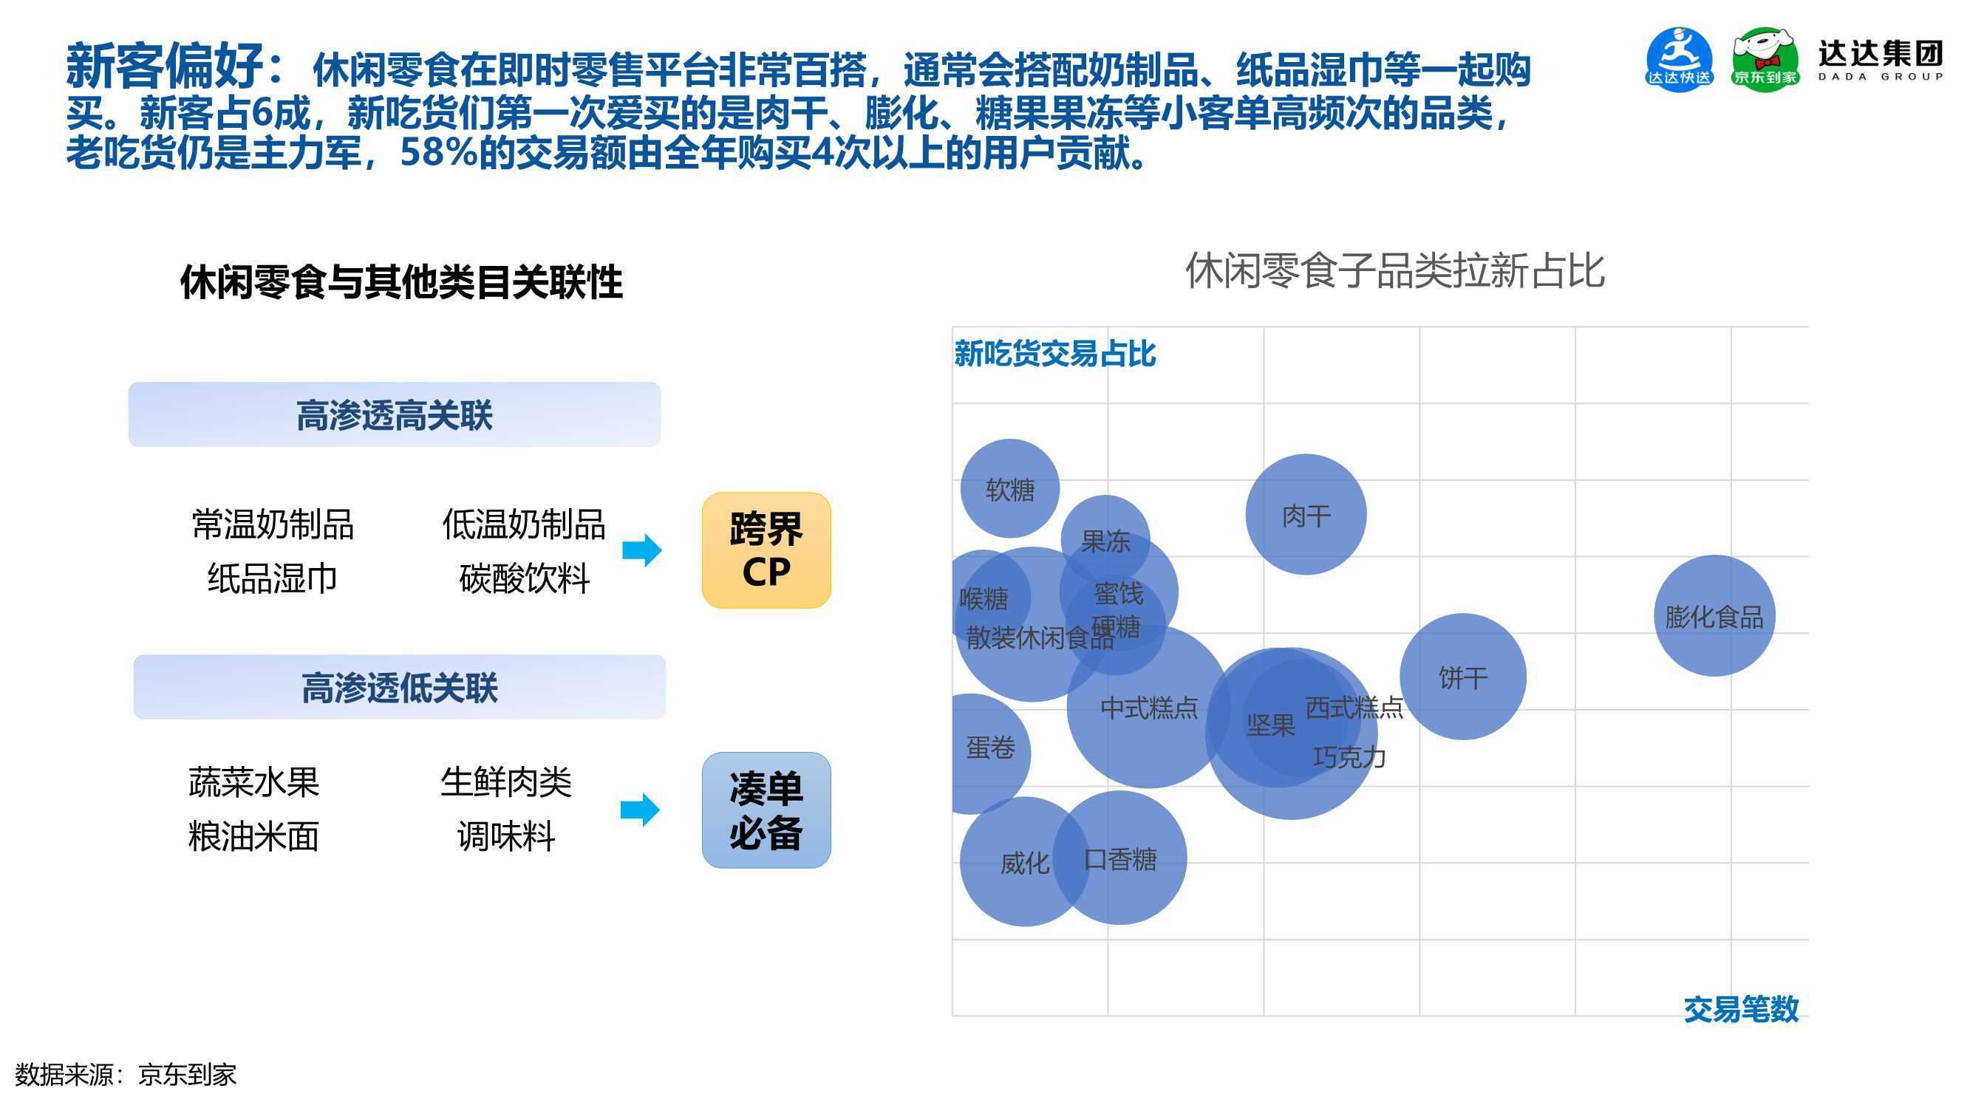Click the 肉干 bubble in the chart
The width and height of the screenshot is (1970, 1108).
(1306, 515)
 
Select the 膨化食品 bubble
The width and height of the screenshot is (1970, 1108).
(1714, 615)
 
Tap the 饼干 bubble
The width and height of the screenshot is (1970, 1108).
(1463, 677)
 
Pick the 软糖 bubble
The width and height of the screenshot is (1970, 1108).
(1009, 488)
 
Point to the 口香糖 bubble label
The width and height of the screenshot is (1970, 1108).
(1120, 860)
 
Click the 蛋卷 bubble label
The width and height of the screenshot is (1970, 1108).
(990, 747)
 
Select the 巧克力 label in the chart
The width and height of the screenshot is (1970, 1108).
(1349, 757)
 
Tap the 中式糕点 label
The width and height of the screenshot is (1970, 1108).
(1148, 708)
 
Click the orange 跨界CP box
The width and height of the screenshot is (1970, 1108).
(766, 550)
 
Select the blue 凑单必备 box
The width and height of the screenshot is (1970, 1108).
(766, 810)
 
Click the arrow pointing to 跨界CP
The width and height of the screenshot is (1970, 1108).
(641, 550)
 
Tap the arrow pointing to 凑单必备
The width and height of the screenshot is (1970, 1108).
(640, 810)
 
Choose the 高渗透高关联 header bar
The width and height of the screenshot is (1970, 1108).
(395, 414)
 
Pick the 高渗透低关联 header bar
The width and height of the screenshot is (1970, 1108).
(399, 687)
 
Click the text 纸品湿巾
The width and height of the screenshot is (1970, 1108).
(272, 578)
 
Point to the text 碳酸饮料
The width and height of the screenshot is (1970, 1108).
(525, 578)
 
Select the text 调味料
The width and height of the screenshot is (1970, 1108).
(506, 835)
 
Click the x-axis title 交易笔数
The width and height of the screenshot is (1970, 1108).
(1741, 1009)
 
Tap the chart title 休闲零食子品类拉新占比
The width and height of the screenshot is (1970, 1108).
(1395, 270)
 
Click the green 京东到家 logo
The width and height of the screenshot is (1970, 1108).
(1765, 60)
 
